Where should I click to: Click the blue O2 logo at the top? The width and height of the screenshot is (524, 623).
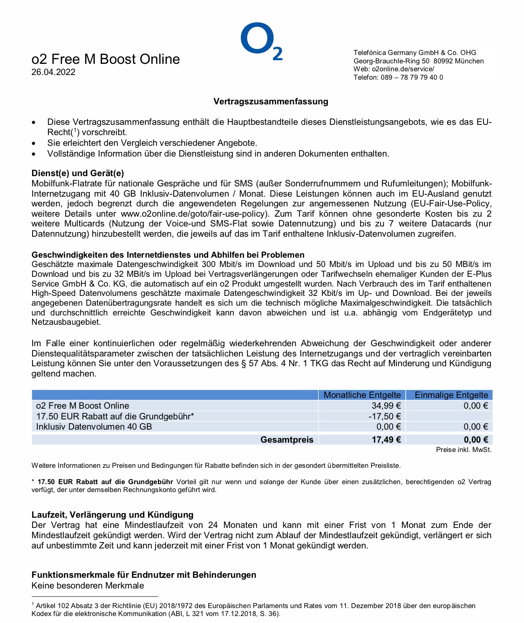261,41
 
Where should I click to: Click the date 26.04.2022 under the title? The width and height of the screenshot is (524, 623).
53,72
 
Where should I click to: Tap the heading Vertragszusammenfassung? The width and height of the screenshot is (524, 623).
271,102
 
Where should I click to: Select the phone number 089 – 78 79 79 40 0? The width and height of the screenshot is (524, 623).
412,77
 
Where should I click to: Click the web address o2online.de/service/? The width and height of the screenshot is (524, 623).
403,69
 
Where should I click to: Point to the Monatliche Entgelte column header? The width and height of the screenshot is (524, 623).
362,395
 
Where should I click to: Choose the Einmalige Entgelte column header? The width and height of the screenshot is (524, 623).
451,395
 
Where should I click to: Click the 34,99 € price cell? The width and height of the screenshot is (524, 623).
386,406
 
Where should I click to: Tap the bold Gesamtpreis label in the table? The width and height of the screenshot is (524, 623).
286,440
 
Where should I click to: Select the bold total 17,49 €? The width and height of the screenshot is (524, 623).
386,440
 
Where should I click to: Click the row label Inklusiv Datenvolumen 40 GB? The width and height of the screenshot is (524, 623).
94,427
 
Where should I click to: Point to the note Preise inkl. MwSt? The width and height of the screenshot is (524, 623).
463,450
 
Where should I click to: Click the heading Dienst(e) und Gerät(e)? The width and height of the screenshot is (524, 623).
78,173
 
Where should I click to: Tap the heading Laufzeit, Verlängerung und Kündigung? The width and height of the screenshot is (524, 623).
112,515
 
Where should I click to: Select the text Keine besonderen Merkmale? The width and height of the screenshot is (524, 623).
88,586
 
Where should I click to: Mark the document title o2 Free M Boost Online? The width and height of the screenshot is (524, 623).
106,59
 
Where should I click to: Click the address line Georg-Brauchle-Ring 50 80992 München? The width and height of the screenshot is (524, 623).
418,61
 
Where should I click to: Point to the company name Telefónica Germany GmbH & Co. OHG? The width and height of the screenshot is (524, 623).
415,53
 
